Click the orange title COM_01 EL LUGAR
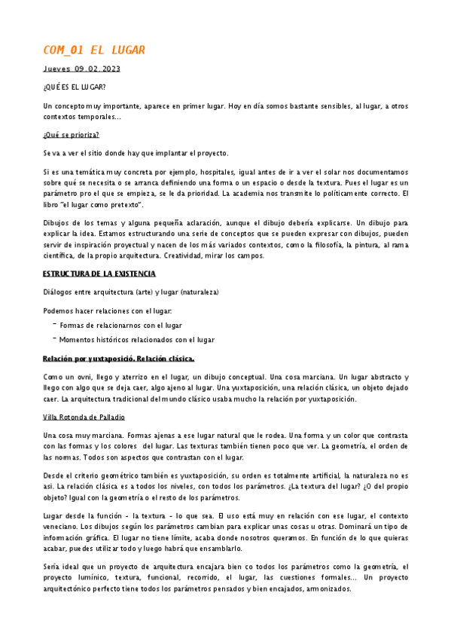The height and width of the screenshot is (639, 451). [x=94, y=50]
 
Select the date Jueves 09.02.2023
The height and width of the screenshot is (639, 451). [x=81, y=69]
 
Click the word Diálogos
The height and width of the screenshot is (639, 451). [x=58, y=292]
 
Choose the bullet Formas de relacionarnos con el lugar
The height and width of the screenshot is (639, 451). [x=120, y=326]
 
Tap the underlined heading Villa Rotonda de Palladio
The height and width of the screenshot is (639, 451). [x=84, y=417]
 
